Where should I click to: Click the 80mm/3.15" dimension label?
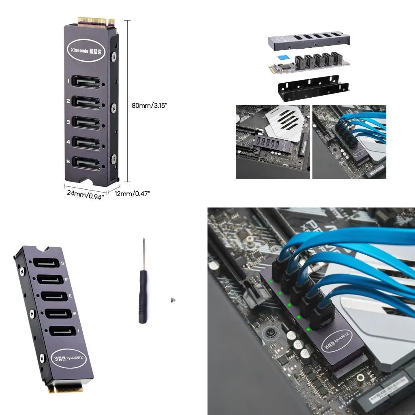click(x=150, y=105)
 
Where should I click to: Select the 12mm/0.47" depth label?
click(x=133, y=194)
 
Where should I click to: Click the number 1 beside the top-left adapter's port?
click(x=68, y=81)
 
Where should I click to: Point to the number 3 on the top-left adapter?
click(x=68, y=122)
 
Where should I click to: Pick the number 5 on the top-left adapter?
click(x=68, y=161)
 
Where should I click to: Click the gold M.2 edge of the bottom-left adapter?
click(x=67, y=389)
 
